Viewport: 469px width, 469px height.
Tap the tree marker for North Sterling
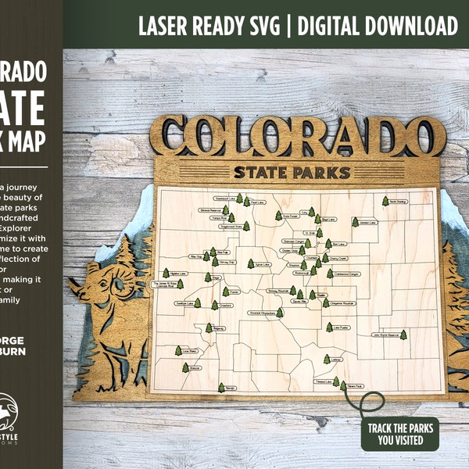[385, 201]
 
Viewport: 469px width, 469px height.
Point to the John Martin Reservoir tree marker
[403, 335]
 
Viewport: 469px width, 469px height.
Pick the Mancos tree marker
[185, 367]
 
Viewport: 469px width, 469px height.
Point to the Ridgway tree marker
[209, 328]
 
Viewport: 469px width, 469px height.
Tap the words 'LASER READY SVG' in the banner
[210, 26]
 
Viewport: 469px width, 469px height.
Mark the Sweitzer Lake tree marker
[196, 303]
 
